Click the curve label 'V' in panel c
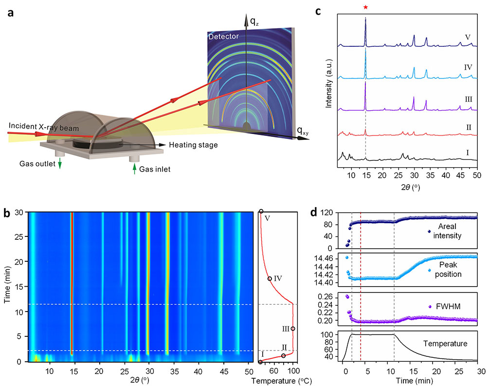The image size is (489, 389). (467, 36)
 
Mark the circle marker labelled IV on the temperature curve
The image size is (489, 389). (270, 278)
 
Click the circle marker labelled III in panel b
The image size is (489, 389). (292, 329)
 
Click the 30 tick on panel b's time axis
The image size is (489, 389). (20, 212)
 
